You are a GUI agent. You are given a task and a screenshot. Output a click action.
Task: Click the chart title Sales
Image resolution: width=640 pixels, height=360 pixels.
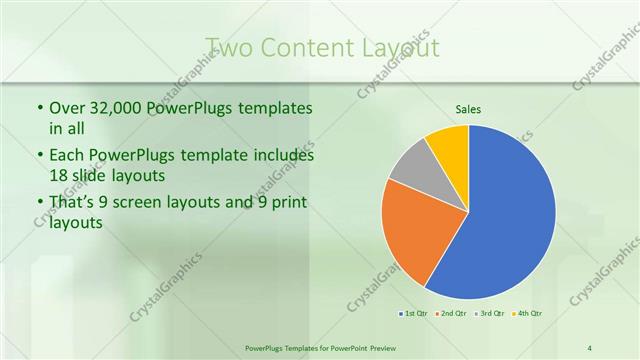(x=468, y=108)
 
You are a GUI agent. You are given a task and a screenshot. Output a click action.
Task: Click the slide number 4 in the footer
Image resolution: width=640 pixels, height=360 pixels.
(x=590, y=347)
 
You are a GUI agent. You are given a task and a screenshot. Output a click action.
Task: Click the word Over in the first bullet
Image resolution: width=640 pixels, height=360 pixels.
(x=68, y=108)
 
